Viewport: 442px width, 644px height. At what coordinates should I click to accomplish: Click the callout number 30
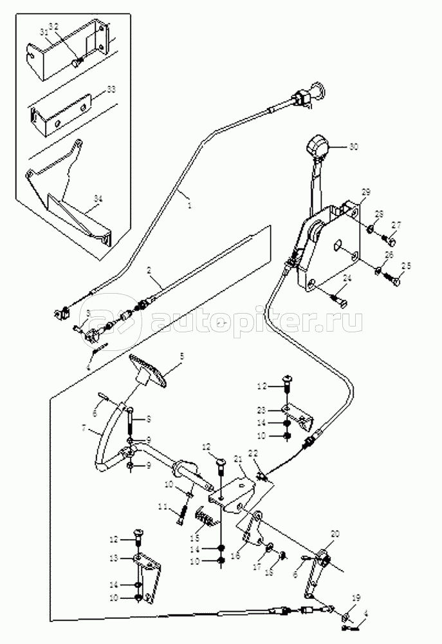pos(353,146)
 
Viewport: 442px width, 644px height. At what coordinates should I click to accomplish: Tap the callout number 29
pos(365,193)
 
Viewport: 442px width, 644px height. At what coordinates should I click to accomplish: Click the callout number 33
pos(111,88)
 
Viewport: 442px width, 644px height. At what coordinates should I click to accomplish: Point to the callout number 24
pos(347,278)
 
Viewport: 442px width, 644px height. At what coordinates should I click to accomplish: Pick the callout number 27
pos(396,225)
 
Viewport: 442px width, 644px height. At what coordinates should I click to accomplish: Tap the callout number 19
pos(356,597)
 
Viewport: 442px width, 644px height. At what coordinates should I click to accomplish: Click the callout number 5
pos(181,355)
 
